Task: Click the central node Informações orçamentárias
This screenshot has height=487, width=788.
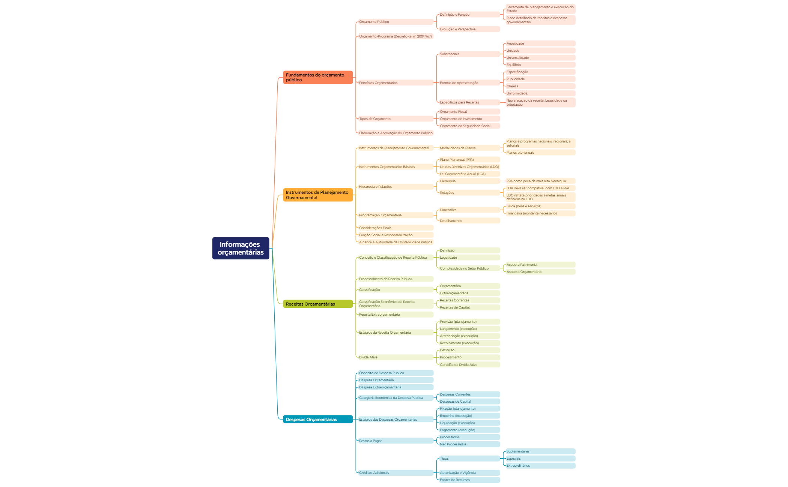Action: coord(241,248)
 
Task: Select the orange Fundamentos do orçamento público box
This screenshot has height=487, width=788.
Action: coord(318,77)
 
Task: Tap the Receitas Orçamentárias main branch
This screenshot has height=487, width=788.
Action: coord(318,304)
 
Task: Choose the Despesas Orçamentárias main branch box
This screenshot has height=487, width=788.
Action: coord(318,420)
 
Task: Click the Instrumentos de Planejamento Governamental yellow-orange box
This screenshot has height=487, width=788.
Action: coord(318,195)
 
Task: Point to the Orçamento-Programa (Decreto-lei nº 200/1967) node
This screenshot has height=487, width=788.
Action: coord(396,36)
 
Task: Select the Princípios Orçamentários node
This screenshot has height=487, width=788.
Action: coord(396,83)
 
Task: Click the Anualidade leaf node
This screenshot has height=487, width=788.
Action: coord(540,43)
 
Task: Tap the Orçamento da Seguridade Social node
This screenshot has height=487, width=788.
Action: coord(469,126)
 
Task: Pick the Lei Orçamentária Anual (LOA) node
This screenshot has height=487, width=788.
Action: coord(469,174)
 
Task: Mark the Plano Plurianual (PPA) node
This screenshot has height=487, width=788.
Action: coord(469,160)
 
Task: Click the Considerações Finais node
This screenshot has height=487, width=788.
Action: coord(396,228)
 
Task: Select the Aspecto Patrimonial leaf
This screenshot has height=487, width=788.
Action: coord(540,265)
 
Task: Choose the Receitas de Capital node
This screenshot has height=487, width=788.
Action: coord(469,307)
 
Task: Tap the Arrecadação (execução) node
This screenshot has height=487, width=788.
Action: coord(469,336)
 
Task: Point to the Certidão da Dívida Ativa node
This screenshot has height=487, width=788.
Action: coord(469,365)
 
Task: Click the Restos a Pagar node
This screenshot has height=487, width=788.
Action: coord(396,441)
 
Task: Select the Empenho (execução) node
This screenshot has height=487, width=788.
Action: coord(469,416)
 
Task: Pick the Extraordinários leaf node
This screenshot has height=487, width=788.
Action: coord(540,466)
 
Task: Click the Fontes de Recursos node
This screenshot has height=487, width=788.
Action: coord(469,480)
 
